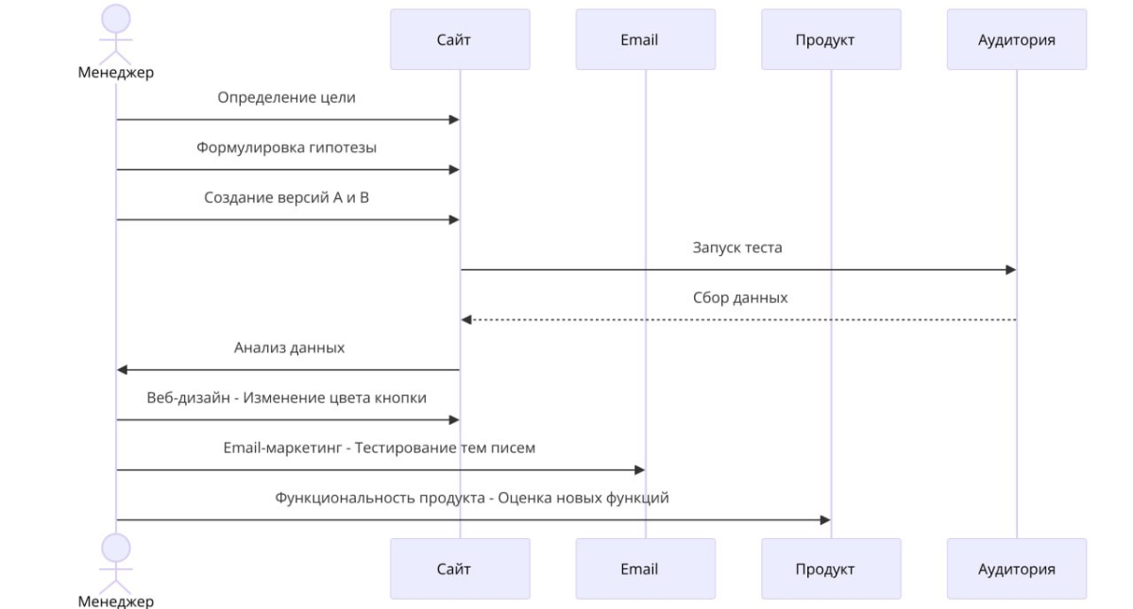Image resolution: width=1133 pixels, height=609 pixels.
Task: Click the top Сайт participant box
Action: click(461, 39)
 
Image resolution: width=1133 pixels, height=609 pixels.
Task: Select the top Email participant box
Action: click(646, 39)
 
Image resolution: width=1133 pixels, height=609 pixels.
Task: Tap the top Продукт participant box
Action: click(831, 39)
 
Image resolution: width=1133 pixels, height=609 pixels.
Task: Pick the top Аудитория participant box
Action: click(1017, 39)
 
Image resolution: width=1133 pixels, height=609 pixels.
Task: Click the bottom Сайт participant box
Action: click(461, 568)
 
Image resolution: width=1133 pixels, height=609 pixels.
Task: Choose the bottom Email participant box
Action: click(646, 568)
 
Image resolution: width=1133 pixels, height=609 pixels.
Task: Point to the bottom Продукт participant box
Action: click(831, 568)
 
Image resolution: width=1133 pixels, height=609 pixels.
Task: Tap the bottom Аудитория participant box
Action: click(1017, 568)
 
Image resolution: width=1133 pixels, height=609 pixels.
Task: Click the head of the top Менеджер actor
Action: click(116, 19)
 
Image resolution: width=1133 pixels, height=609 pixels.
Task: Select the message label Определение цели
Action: click(286, 97)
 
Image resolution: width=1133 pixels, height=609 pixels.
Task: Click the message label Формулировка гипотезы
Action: click(286, 147)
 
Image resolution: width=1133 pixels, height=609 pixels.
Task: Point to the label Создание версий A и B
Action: click(286, 197)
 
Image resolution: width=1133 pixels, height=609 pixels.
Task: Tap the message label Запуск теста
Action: click(737, 247)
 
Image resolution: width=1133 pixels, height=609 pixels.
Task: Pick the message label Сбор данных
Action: click(740, 297)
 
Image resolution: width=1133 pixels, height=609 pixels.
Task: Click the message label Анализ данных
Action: click(289, 347)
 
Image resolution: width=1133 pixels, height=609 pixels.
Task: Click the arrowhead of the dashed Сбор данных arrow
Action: click(465, 320)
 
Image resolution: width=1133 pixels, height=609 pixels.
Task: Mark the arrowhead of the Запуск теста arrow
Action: click(1011, 270)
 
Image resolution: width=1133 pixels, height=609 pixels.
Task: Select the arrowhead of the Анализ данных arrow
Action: click(122, 370)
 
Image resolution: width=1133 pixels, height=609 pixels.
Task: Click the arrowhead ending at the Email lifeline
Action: click(640, 470)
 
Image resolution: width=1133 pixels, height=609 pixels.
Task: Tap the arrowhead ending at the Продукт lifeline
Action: click(825, 519)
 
